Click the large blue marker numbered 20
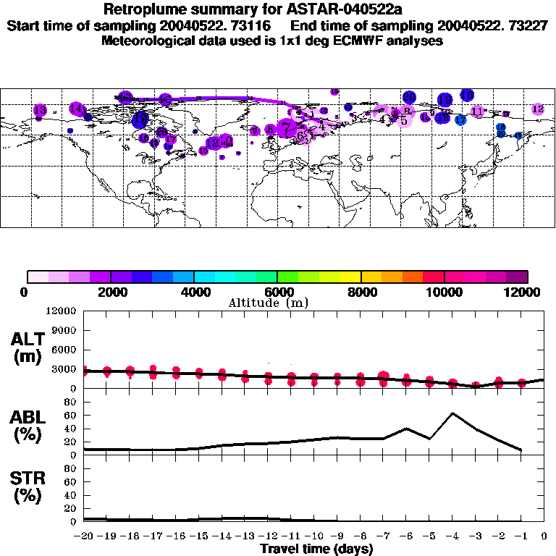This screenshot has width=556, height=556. [x=409, y=97]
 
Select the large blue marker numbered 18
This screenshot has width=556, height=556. [x=467, y=95]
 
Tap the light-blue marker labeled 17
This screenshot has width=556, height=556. [x=460, y=119]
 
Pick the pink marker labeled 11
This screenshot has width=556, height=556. [x=478, y=111]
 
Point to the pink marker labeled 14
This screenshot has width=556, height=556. [x=76, y=109]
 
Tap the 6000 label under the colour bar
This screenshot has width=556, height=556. [x=277, y=292]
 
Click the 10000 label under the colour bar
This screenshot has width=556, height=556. [x=445, y=292]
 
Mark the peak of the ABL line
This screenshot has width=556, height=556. [x=452, y=413]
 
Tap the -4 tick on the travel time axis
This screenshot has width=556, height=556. [x=452, y=536]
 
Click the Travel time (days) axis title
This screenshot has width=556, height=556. [x=316, y=549]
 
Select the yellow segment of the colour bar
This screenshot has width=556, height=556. [x=351, y=276]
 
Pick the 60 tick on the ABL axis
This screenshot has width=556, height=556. [x=72, y=415]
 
